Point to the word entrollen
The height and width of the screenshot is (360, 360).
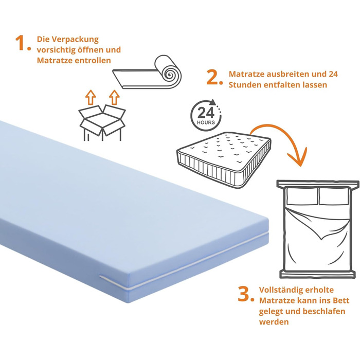(93, 61)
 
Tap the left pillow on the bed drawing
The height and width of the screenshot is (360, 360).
(300, 195)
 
